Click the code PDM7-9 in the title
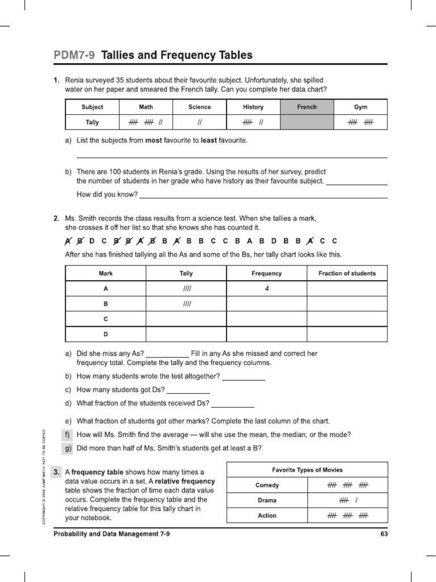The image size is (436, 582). [x=74, y=56]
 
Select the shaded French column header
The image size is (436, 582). [x=307, y=107]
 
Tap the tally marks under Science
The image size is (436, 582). [x=199, y=122]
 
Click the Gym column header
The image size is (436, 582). [x=360, y=107]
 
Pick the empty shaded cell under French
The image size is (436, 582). [x=307, y=122]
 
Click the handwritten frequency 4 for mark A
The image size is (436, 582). [x=266, y=289]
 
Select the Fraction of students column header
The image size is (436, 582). [x=347, y=273]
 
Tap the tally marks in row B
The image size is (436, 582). [x=186, y=304]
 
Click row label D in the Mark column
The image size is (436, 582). [x=106, y=334]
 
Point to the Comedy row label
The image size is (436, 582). [x=267, y=485]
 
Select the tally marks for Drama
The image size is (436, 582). [x=347, y=500]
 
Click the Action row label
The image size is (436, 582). [x=267, y=516]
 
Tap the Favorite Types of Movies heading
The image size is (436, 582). [x=307, y=470]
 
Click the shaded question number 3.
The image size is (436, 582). [x=56, y=472]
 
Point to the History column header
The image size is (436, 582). [x=253, y=107]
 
